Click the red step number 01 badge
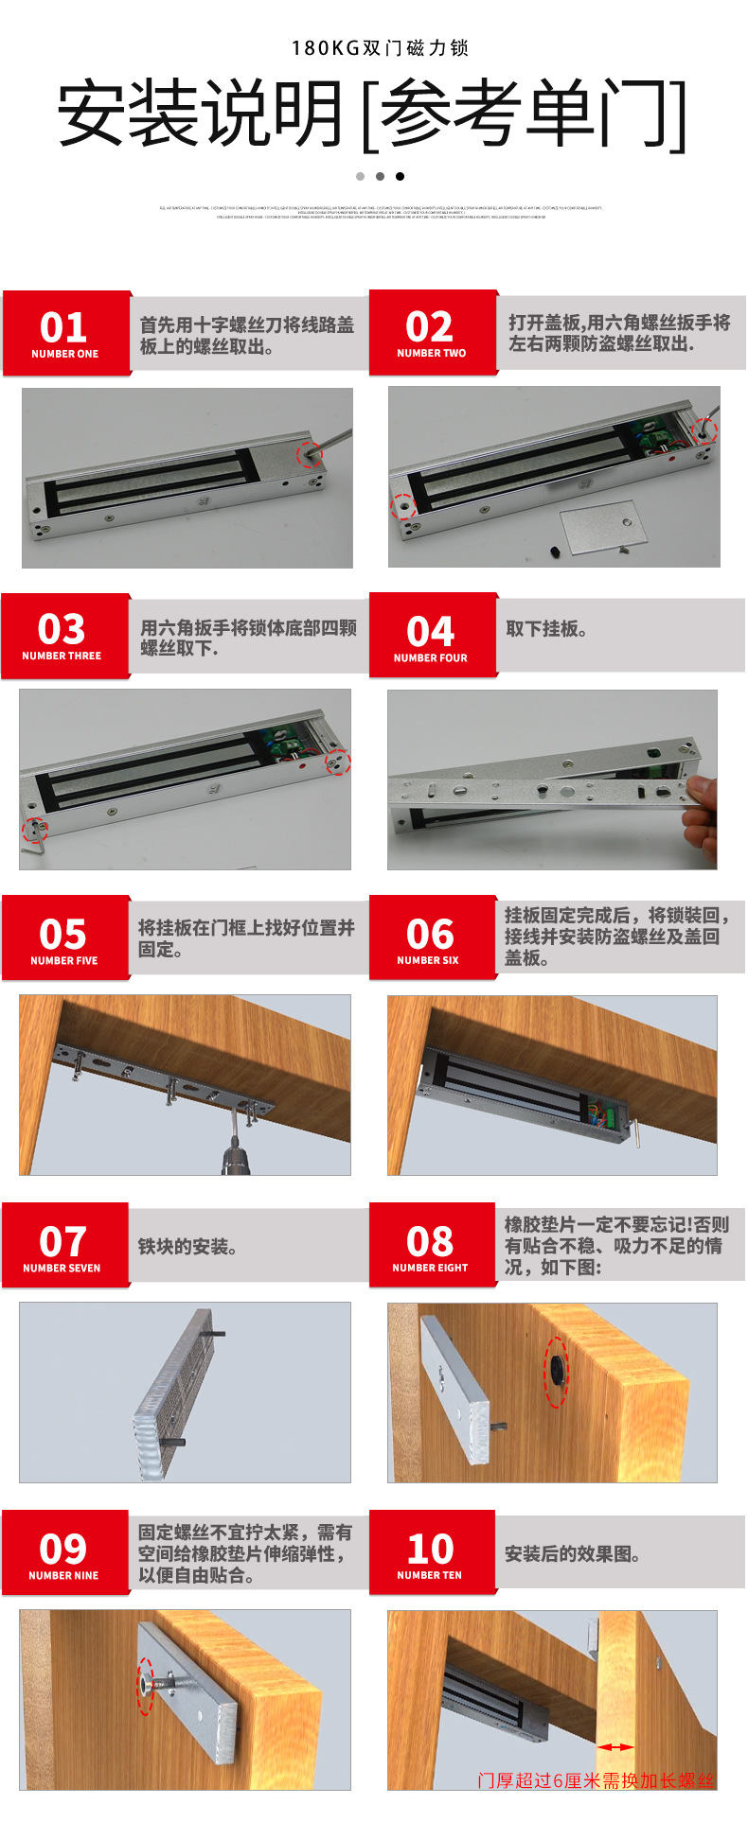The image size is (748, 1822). tap(64, 333)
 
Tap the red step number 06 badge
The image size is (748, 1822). tap(431, 937)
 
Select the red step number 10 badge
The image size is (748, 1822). tap(431, 1551)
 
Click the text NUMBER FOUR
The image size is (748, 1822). tap(431, 657)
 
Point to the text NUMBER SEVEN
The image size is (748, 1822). tap(62, 1268)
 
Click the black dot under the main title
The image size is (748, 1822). tap(400, 176)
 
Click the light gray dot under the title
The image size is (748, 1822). tap(360, 176)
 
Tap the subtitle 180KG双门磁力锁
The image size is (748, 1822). tap(380, 48)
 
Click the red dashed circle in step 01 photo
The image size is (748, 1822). tap(310, 454)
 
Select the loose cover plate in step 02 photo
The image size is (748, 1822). tap(599, 525)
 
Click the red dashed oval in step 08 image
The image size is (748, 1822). tap(556, 1371)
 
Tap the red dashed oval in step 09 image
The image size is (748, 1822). tap(145, 1686)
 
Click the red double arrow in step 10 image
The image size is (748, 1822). tap(615, 1747)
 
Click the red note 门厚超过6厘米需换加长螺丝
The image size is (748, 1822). tap(596, 1780)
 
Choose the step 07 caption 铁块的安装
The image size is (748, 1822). tap(187, 1247)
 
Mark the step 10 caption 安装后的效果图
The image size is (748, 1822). tap(572, 1554)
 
